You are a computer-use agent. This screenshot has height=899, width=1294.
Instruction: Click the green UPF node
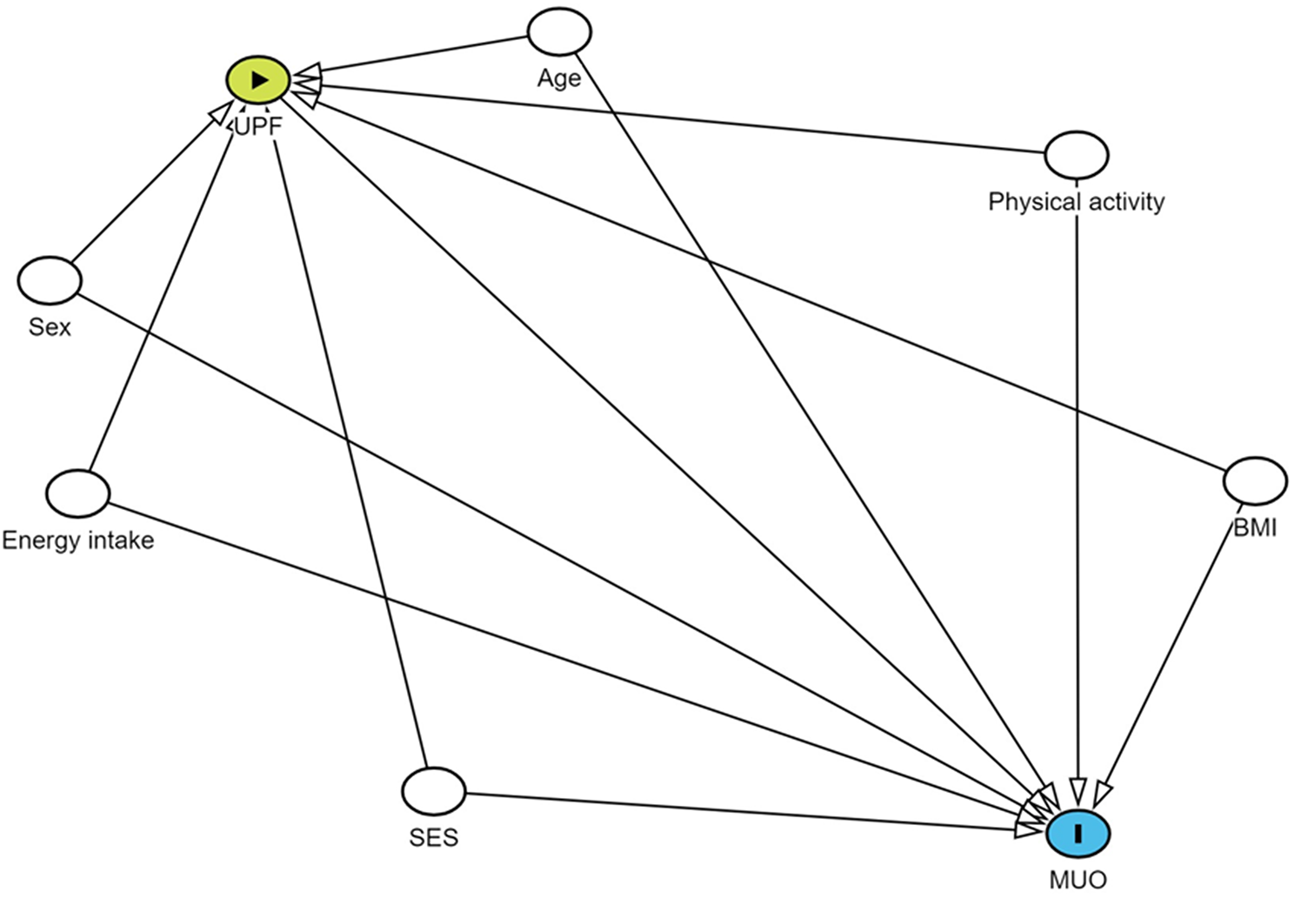click(x=257, y=80)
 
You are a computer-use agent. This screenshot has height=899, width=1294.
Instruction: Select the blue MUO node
click(x=1077, y=833)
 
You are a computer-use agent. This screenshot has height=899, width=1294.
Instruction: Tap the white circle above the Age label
click(x=559, y=32)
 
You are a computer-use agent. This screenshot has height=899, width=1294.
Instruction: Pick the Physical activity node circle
click(x=1077, y=155)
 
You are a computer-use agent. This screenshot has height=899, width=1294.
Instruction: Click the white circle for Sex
click(x=50, y=279)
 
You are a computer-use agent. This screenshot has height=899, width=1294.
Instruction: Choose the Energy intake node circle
click(x=78, y=493)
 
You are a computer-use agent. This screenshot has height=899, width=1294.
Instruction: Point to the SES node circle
click(x=434, y=790)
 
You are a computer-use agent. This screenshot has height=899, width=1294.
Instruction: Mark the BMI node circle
click(x=1255, y=480)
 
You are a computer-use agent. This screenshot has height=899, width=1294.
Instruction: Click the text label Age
click(x=559, y=78)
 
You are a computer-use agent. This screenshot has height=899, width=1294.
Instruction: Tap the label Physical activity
click(x=1077, y=202)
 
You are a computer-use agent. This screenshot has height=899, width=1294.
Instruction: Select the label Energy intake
click(x=78, y=540)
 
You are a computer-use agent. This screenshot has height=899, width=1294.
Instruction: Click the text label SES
click(x=434, y=837)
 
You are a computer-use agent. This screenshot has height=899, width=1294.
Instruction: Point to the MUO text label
click(x=1078, y=880)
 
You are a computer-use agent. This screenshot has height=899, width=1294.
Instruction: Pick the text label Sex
click(x=50, y=327)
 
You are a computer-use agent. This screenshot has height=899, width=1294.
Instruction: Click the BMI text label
click(x=1255, y=527)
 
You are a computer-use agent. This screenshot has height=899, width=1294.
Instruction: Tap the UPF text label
click(x=258, y=127)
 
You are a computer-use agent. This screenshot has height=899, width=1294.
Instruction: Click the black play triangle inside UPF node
click(x=259, y=80)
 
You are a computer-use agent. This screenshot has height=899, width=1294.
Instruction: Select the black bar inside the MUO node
click(x=1078, y=833)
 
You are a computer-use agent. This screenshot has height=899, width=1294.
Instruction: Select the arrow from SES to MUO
click(x=739, y=811)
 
